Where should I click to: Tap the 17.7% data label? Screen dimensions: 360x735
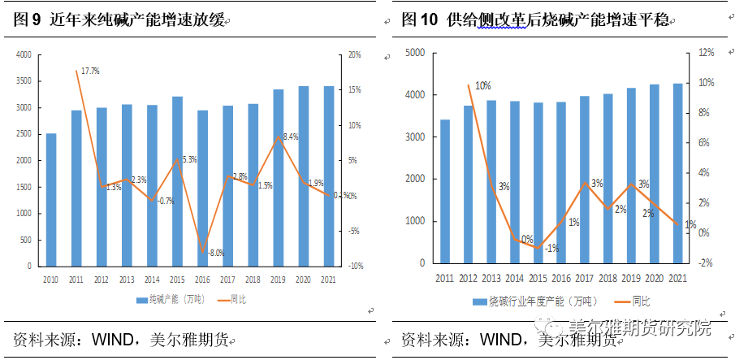point(90,72)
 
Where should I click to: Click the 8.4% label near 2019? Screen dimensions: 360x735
point(289,137)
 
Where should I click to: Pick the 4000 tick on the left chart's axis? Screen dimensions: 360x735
point(24,54)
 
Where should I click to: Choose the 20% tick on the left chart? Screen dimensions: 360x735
point(354,54)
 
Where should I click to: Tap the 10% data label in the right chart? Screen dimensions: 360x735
point(482,86)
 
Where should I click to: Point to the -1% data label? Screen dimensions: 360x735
point(552,248)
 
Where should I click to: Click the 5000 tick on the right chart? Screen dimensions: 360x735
point(415,53)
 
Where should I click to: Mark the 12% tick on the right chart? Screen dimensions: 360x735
point(706,53)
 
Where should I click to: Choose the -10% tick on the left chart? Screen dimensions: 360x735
point(354,266)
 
